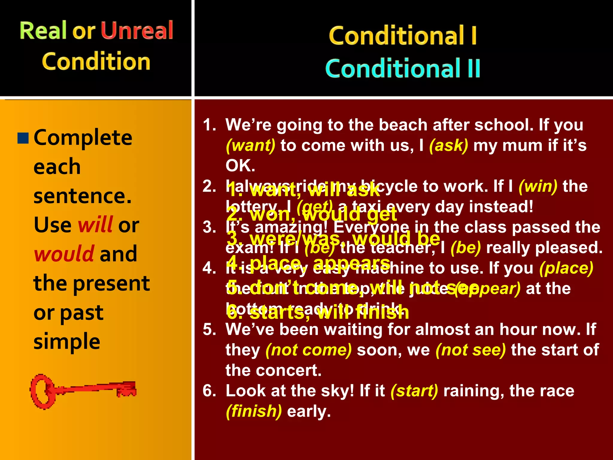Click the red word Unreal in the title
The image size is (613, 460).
coord(137,30)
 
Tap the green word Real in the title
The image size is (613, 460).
coord(43,30)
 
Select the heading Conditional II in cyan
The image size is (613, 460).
coord(403,68)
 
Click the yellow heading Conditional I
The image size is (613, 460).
coord(403,36)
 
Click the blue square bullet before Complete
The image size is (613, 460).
coord(23,138)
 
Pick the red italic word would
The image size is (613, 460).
coord(64,254)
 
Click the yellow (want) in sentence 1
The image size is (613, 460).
coord(250,146)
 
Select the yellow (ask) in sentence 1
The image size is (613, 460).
coord(448,146)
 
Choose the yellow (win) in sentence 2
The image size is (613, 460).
coord(538,186)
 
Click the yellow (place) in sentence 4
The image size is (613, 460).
coord(566,268)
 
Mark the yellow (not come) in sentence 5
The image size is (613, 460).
coord(309,350)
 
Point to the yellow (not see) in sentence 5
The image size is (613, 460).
coord(471,350)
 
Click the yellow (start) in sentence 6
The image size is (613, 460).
coord(414,391)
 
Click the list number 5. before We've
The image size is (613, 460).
coord(209,329)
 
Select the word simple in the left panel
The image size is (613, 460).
coord(67,341)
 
